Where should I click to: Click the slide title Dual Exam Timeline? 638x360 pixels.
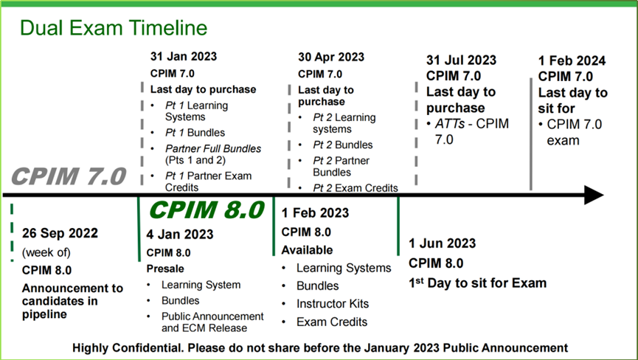(114, 28)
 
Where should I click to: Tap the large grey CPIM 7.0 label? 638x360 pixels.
(69, 176)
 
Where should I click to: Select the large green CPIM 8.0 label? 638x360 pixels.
(207, 210)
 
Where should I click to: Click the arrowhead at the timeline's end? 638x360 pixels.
(594, 195)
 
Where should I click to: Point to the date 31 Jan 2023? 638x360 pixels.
(184, 56)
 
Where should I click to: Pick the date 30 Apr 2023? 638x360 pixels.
(331, 57)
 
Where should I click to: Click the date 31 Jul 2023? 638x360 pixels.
(462, 60)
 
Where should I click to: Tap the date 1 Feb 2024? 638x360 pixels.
(572, 61)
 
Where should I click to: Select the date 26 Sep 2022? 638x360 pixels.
(60, 233)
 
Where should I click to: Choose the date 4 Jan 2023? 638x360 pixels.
(180, 235)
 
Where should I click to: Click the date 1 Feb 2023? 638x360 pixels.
(316, 212)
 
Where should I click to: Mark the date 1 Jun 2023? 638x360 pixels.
(443, 243)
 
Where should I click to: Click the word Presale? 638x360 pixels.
(165, 269)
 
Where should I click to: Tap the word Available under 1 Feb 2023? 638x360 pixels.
(308, 250)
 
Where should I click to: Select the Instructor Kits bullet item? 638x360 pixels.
(333, 304)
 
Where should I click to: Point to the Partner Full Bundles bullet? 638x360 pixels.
(213, 155)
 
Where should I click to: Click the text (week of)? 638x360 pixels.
(46, 252)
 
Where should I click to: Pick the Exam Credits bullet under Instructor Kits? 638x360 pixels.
(332, 322)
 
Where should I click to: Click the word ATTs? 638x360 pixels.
(450, 124)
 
